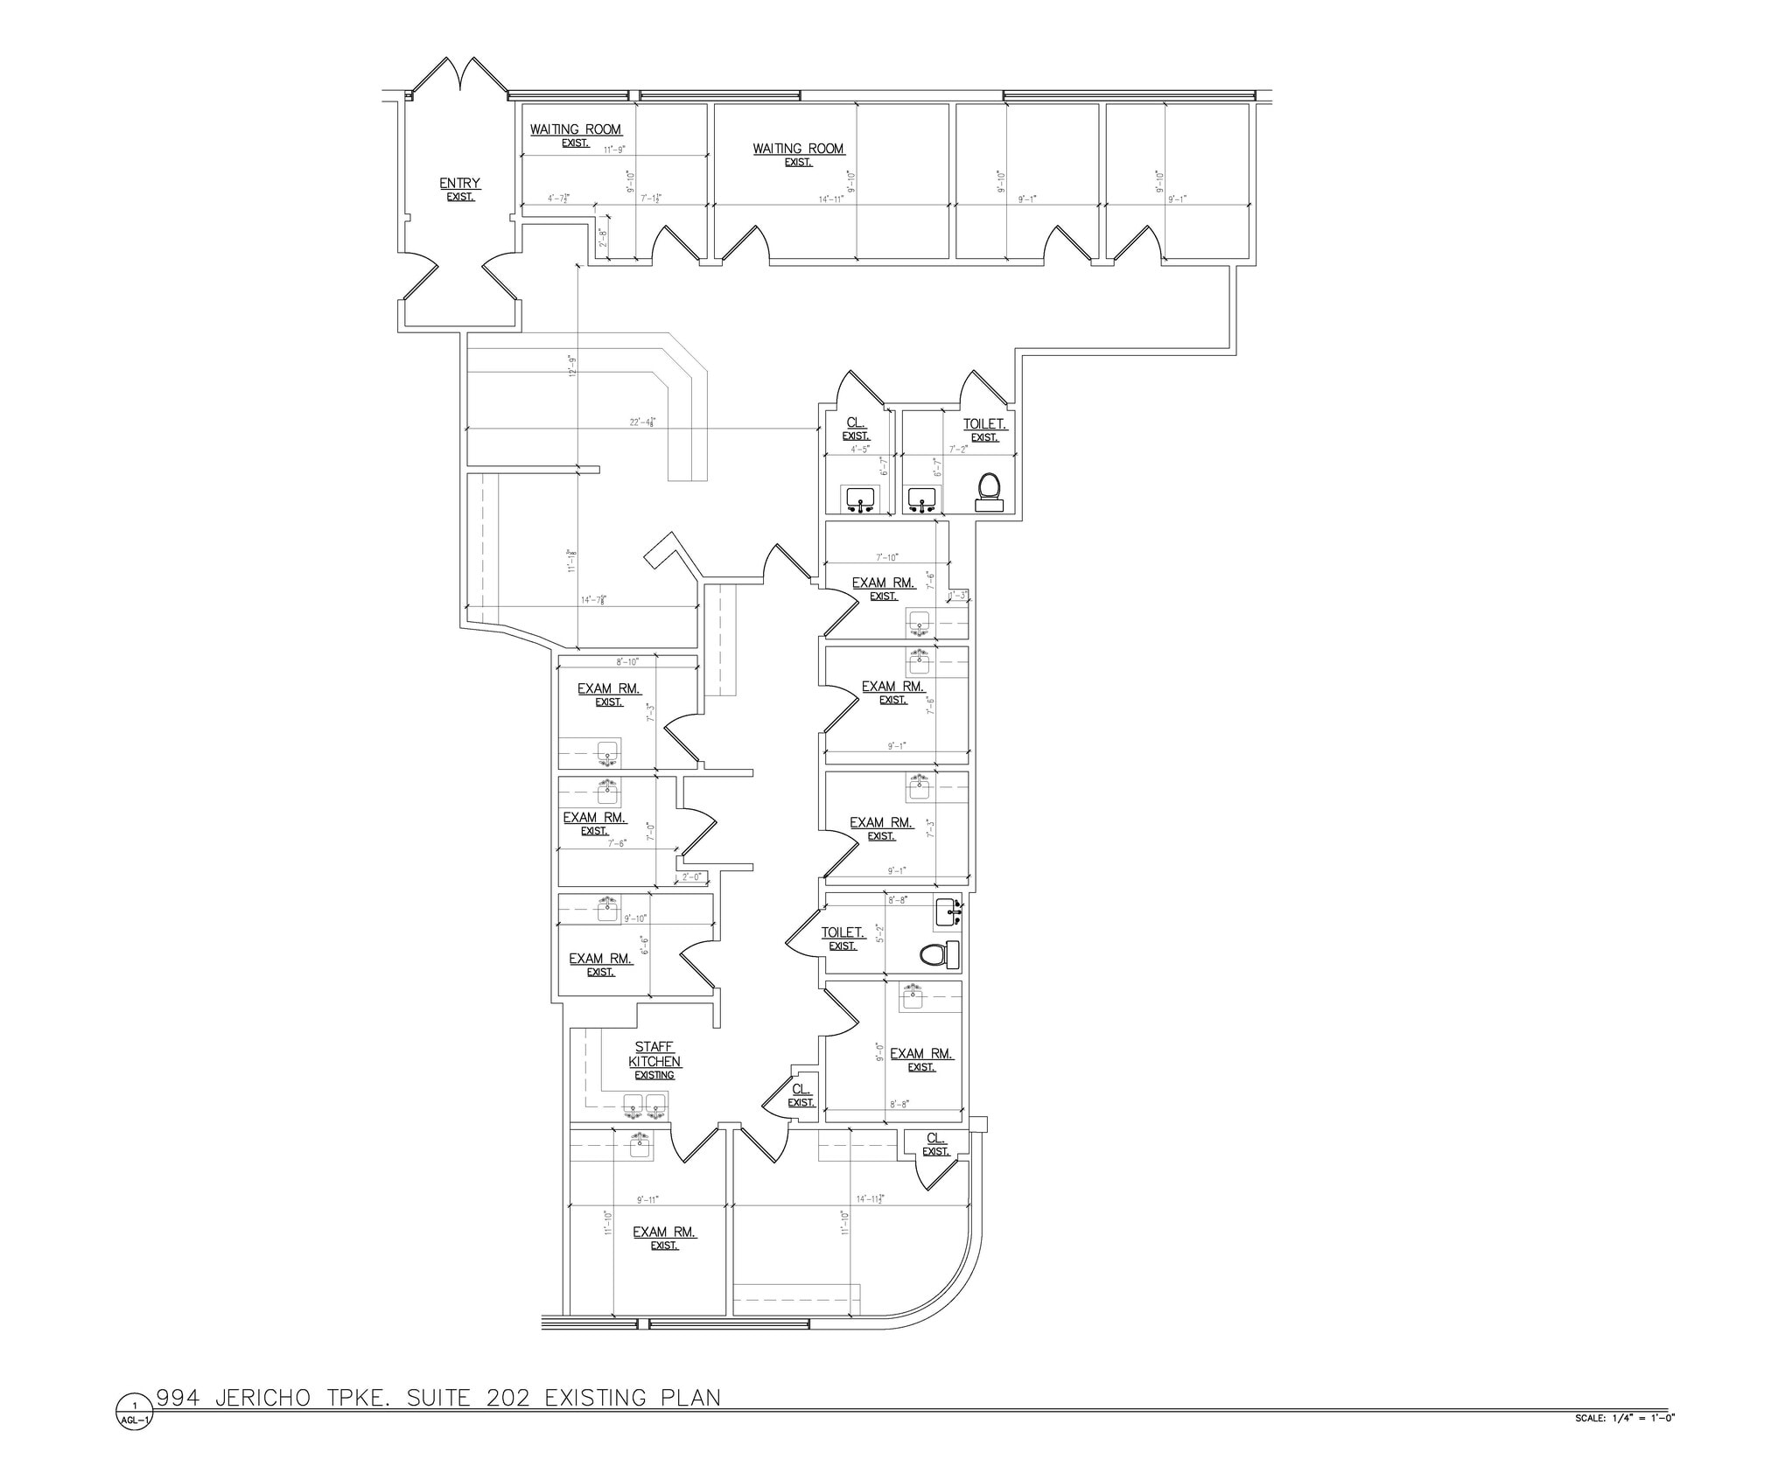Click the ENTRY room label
pyautogui.click(x=459, y=184)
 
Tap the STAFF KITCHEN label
pyautogui.click(x=654, y=1055)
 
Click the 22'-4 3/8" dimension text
pyautogui.click(x=642, y=422)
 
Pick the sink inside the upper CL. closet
pyautogui.click(x=861, y=499)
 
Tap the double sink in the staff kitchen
pyautogui.click(x=645, y=1107)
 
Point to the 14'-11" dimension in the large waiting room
pyautogui.click(x=831, y=199)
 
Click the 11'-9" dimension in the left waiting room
pyautogui.click(x=614, y=150)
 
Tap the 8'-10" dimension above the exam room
pyautogui.click(x=627, y=662)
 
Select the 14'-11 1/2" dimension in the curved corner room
pyautogui.click(x=870, y=1199)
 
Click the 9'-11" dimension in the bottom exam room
pyautogui.click(x=647, y=1200)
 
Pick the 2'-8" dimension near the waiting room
pyautogui.click(x=602, y=238)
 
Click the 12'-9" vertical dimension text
pyautogui.click(x=572, y=366)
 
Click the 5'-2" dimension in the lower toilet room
pyautogui.click(x=880, y=932)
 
